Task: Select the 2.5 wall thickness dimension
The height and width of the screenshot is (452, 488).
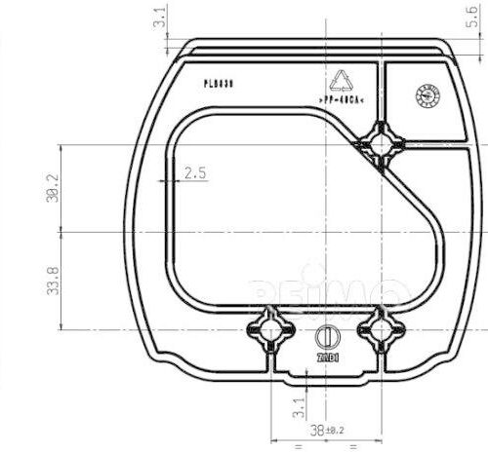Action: (194, 173)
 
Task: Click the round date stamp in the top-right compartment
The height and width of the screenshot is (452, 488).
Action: (428, 94)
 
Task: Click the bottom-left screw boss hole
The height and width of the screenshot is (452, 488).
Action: (270, 331)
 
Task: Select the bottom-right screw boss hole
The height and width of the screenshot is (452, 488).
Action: (380, 331)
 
